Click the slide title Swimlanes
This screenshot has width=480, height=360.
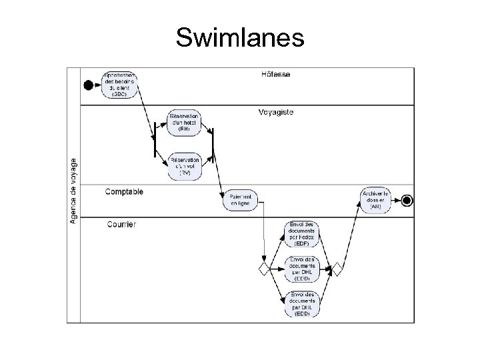pos(240,38)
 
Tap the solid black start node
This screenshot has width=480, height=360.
pos(87,84)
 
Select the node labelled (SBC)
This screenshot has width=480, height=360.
pos(120,84)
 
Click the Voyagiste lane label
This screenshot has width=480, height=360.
pos(275,113)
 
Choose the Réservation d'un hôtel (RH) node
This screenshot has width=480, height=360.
pos(185,124)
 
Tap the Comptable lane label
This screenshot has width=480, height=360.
pos(124,192)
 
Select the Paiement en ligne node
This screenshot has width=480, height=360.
pos(239,200)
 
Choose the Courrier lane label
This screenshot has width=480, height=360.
pos(122,224)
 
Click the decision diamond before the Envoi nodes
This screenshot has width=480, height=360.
pos(264,269)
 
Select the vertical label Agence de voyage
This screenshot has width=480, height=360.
pos(73,191)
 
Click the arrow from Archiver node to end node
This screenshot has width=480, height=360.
pos(396,199)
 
